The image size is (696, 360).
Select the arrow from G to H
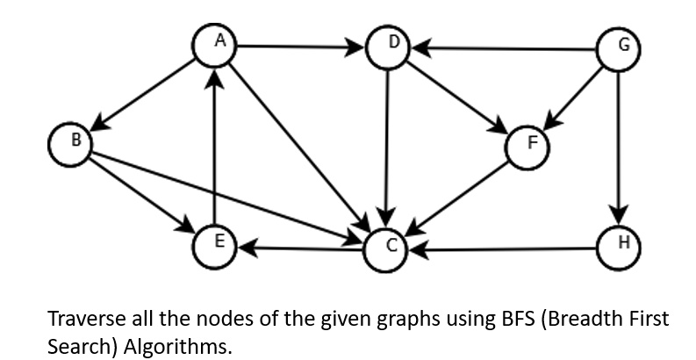coord(619,145)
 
